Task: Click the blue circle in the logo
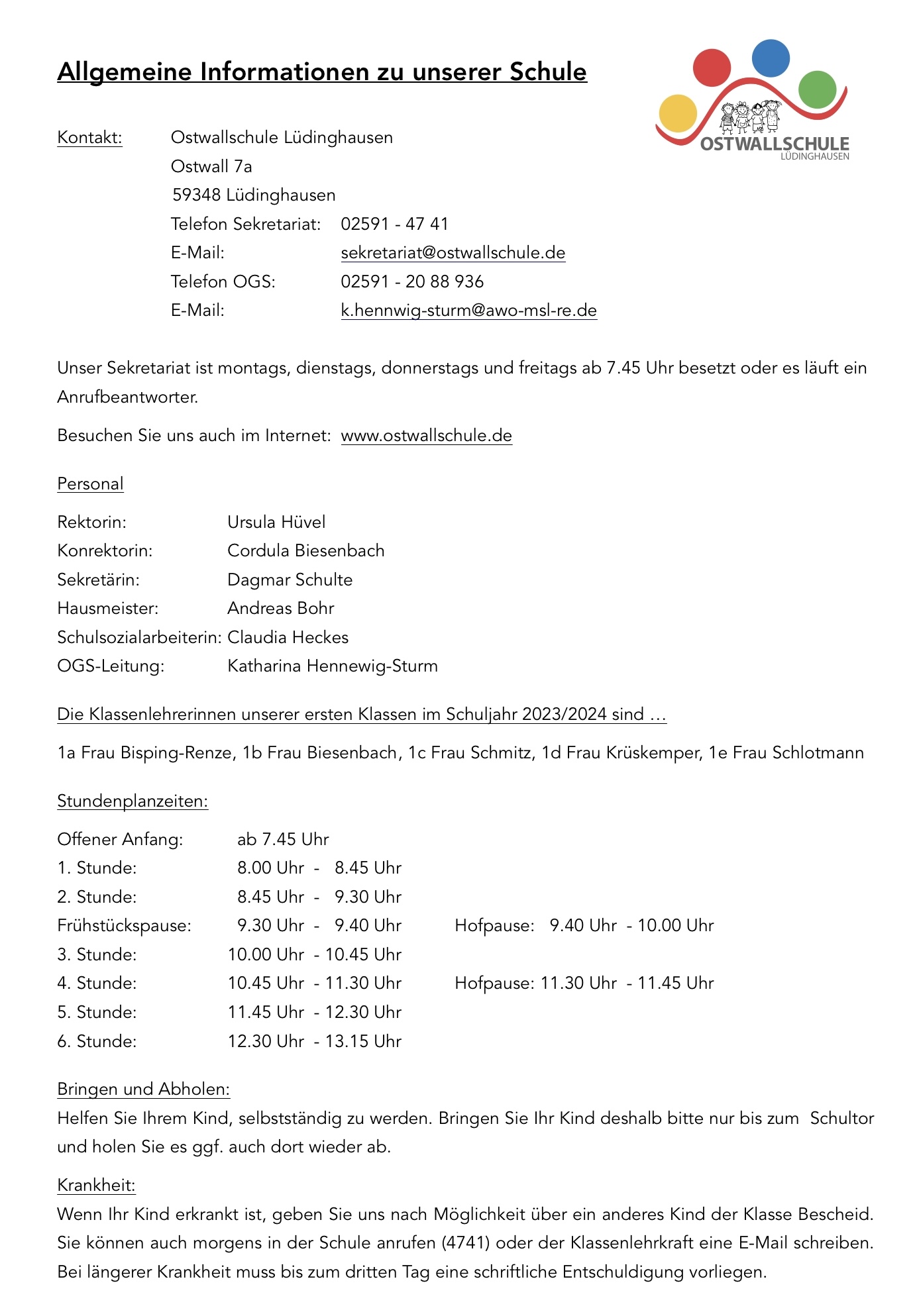[x=771, y=58]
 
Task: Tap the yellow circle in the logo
[x=678, y=113]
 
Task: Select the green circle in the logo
[x=817, y=89]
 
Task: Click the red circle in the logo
[x=712, y=68]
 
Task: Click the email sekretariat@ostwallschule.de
[x=453, y=253]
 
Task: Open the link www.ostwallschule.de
[x=426, y=436]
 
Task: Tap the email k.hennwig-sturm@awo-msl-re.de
[x=468, y=311]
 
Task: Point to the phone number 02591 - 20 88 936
[x=412, y=282]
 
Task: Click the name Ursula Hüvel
[x=276, y=523]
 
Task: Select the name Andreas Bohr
[x=280, y=609]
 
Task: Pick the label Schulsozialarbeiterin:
[x=139, y=638]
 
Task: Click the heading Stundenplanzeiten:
[x=133, y=801]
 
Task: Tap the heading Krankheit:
[x=96, y=1186]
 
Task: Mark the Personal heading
[x=90, y=484]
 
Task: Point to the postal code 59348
[x=196, y=195]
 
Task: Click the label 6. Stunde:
[x=97, y=1042]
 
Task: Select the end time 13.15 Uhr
[x=363, y=1042]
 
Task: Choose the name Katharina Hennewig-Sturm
[x=332, y=666]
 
